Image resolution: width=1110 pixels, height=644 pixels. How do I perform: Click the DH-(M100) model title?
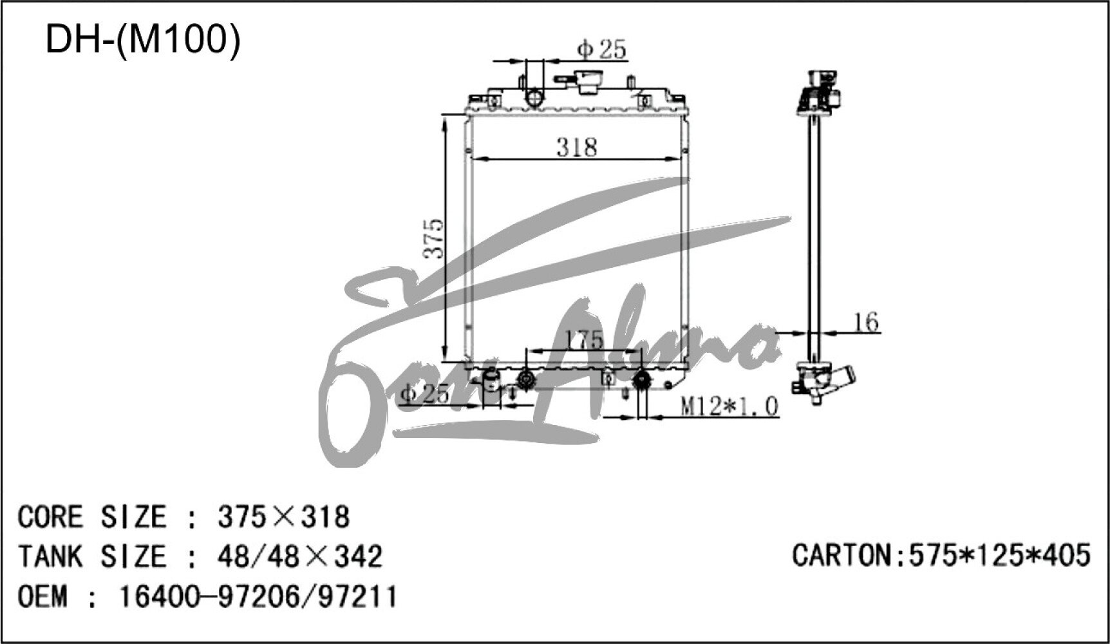142,40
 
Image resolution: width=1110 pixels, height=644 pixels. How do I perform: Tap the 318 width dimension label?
576,147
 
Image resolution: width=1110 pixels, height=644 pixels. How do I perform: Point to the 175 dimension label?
583,340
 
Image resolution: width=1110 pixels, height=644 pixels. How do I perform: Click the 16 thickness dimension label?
867,321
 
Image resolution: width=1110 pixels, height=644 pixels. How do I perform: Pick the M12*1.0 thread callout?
729,406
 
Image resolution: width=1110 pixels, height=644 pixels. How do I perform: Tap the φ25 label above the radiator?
602,49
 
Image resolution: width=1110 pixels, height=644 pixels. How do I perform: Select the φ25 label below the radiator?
425,393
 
